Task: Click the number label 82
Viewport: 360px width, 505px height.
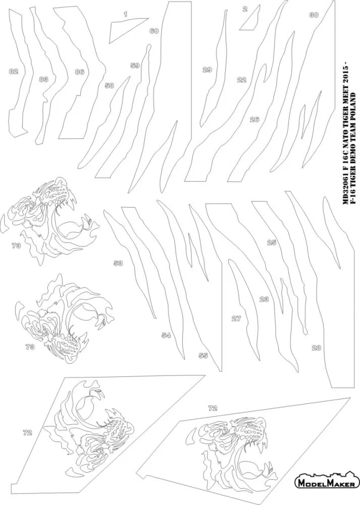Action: (14, 71)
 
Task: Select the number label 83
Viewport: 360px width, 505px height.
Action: (43, 79)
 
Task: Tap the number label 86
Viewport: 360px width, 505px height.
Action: (80, 72)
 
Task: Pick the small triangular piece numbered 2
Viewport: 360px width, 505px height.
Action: (251, 20)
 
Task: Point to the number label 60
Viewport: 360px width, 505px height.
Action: (154, 31)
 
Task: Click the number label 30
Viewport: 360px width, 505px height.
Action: (314, 15)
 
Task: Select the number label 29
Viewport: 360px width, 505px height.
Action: (207, 69)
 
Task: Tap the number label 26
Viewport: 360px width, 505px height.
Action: (254, 120)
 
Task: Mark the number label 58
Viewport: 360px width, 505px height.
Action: (109, 85)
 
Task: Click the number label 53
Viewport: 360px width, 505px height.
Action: (118, 263)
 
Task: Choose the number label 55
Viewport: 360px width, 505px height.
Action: (203, 356)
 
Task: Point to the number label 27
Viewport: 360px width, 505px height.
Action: (236, 319)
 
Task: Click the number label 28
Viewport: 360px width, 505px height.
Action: (316, 347)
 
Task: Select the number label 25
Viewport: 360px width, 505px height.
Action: (272, 242)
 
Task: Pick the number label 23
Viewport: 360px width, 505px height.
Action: (264, 299)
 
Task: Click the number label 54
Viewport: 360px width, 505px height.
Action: (166, 336)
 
